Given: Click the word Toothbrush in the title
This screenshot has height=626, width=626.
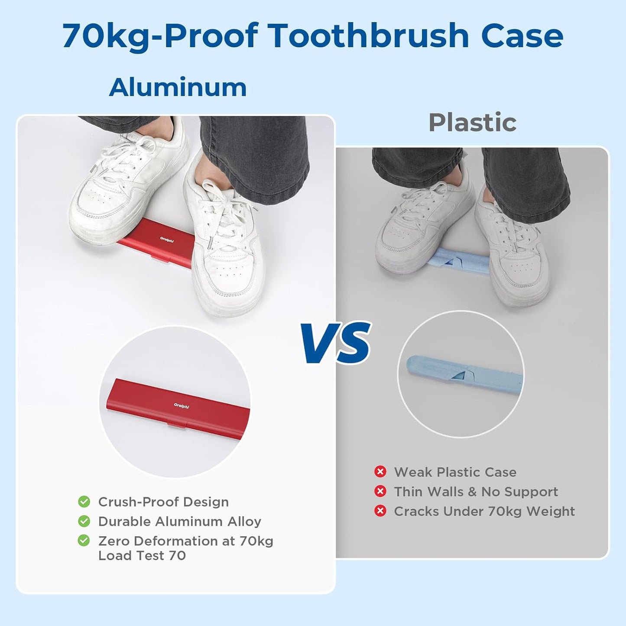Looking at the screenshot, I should coord(369,36).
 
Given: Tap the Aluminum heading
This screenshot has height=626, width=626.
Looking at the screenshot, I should coord(178,88).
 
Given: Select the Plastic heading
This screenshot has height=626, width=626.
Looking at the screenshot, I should coord(472,123).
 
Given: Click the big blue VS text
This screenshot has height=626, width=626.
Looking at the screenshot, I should coord(337,343).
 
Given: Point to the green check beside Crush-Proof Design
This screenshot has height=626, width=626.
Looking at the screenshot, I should coord(84,502).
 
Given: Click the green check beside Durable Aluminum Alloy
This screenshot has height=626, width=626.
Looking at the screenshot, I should coord(84,521).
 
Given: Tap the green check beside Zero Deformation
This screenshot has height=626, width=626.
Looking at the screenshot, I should coord(84,541).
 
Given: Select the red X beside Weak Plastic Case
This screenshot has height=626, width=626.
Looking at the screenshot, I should coord(380,471).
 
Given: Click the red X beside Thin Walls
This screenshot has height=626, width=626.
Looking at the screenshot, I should coord(380,491).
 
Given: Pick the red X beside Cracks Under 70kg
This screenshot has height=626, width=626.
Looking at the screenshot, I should coord(380,511).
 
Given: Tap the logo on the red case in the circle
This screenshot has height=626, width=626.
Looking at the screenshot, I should coord(182,406).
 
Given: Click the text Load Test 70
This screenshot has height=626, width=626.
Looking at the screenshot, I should coord(142,556).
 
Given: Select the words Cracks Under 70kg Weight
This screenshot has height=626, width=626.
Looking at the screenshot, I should coord(484,512).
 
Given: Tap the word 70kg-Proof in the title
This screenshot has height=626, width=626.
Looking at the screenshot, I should coord(160,36).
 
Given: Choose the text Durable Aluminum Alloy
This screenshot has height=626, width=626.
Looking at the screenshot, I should coord(179,522).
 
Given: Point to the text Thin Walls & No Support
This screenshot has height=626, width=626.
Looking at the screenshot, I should coord(476,492).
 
